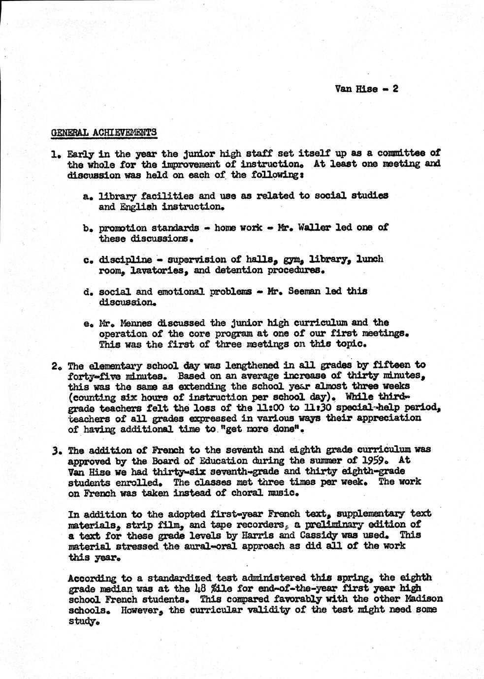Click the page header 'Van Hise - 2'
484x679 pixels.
[366, 89]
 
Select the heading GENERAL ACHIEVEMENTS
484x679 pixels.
[104, 132]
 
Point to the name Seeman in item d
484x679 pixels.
[306, 291]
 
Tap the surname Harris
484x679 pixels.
[285, 535]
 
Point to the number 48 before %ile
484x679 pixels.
[200, 589]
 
